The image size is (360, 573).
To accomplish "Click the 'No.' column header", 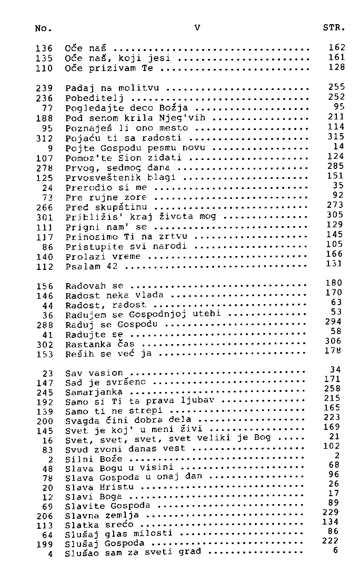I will tap(43, 28).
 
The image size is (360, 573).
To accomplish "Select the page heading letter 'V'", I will tap(197, 27).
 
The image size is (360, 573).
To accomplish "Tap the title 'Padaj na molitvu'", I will tap(112, 88).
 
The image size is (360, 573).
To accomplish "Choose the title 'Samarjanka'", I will tap(94, 393).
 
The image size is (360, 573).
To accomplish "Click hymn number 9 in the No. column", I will tap(49, 148).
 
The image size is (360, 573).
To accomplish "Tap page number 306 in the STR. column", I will tap(334, 341).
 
